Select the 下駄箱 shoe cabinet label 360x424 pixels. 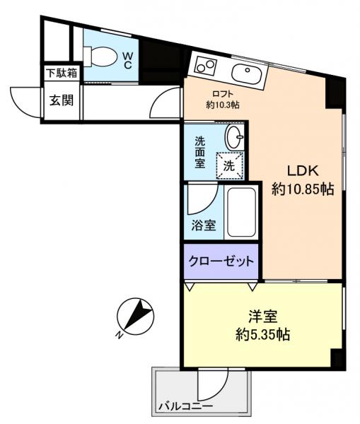point(62,73)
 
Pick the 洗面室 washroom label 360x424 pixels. point(201,151)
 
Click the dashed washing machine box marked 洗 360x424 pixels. point(230,166)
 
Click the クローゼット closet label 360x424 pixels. point(221,261)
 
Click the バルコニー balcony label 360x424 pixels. point(185,408)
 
